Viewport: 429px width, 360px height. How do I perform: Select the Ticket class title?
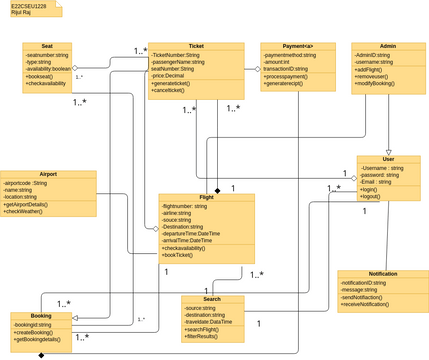tap(195, 46)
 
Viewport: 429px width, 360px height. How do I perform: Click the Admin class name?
tap(388, 46)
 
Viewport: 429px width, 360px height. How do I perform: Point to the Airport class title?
tap(48, 173)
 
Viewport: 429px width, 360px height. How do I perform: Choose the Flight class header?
tap(206, 198)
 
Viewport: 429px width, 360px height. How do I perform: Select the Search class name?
tap(212, 299)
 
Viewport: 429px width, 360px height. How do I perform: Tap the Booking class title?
tap(41, 316)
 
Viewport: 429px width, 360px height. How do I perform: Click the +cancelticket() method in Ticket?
tap(174, 91)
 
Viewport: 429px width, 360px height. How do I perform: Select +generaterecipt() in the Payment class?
tap(289, 83)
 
